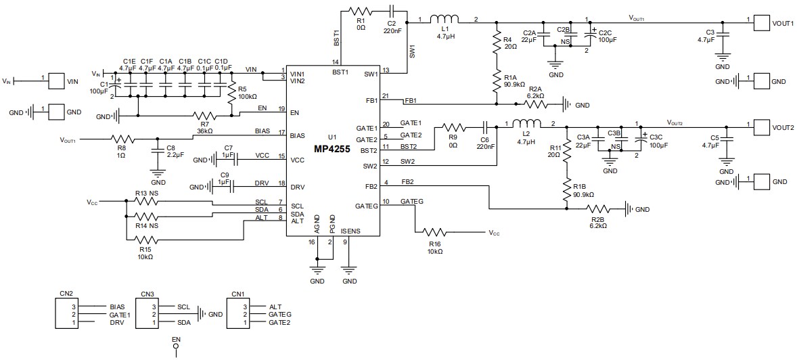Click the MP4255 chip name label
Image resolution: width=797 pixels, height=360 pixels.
coord(332,149)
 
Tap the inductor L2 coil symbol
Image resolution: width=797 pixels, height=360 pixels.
coord(526,124)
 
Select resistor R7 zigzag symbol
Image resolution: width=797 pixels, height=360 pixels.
coord(206,116)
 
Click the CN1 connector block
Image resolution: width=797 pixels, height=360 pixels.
coord(237,315)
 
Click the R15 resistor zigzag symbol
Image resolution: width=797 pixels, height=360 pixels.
coord(145,239)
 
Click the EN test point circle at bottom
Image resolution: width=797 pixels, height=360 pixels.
coord(177,351)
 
